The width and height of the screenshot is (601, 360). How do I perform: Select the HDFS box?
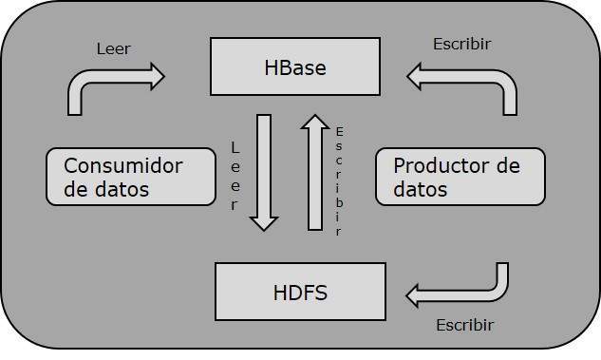pos(300,292)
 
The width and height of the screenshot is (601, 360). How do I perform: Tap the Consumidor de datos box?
pos(130,177)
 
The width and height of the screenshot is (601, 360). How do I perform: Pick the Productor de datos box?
pos(460,177)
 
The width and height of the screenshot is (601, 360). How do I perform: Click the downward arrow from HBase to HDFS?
pos(264,171)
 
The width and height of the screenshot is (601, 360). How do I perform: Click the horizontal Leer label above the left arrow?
pos(114,48)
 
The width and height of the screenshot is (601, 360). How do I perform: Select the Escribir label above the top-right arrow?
pos(462,44)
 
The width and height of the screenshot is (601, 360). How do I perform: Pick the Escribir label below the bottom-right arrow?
pos(465,325)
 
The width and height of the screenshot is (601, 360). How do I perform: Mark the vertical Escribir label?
pos(339,180)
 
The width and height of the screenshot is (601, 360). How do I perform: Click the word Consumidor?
pos(123,165)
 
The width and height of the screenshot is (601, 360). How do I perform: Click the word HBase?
pos(295,68)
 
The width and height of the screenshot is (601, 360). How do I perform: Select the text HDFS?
pos(300,292)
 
